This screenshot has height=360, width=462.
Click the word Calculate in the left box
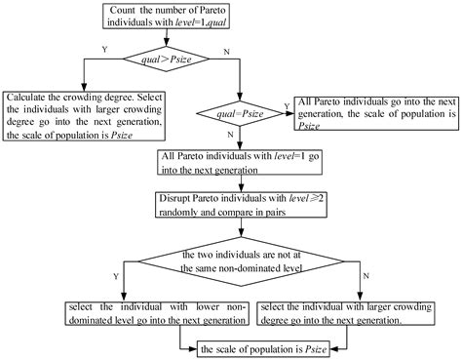pos(29,98)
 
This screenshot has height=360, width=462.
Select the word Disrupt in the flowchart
pos(175,198)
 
